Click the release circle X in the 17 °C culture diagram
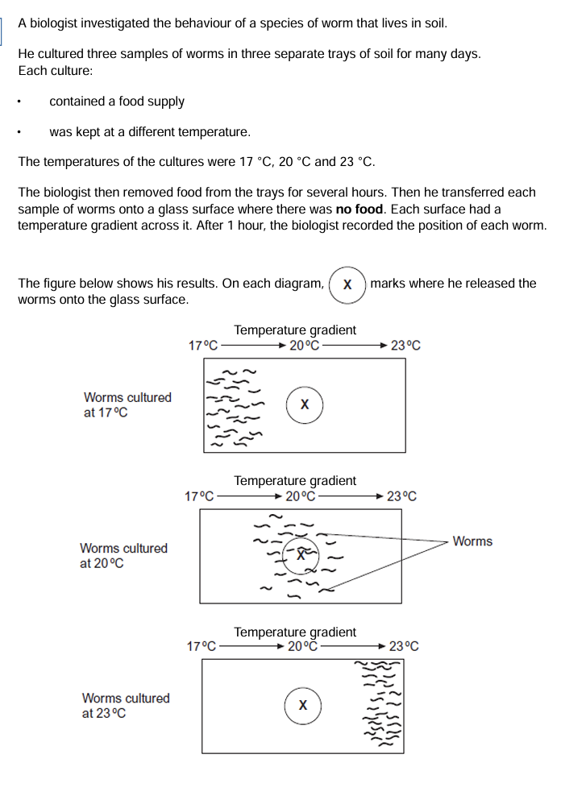(x=304, y=404)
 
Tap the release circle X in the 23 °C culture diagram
(x=302, y=705)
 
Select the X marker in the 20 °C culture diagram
(x=301, y=554)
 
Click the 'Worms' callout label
(x=472, y=541)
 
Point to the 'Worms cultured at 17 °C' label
(x=127, y=405)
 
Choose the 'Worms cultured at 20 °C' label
(x=123, y=555)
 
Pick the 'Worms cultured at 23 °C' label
(x=126, y=706)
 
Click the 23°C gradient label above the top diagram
(x=405, y=346)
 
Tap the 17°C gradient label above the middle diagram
(x=200, y=496)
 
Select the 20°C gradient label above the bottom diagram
(x=304, y=646)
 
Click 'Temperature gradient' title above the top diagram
(x=295, y=330)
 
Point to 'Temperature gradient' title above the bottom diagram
(x=295, y=632)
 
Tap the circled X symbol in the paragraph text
(x=347, y=284)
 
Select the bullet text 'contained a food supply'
(x=117, y=102)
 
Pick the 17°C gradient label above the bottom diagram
(x=202, y=646)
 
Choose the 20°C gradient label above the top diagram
(x=305, y=346)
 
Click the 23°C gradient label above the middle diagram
(x=402, y=496)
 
